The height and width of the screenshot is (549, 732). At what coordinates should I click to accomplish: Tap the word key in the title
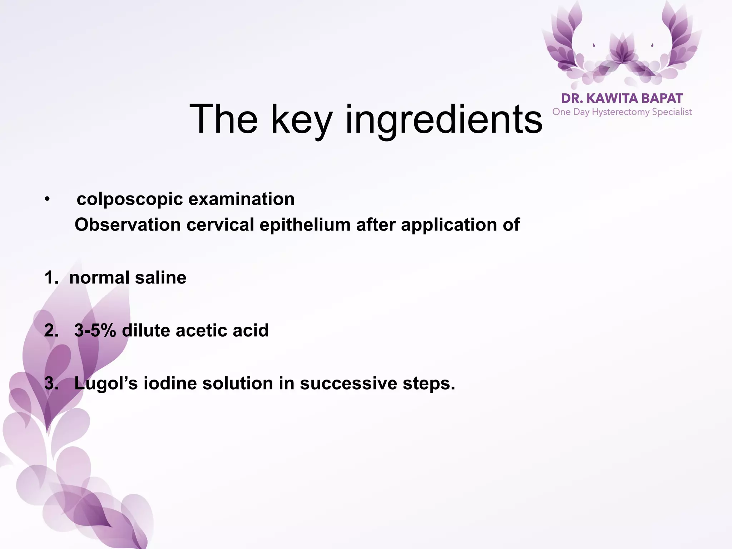(x=302, y=120)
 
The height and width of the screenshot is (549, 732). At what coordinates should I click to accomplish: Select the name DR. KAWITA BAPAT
(x=622, y=98)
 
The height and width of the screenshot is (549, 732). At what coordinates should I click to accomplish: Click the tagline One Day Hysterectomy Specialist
(x=622, y=112)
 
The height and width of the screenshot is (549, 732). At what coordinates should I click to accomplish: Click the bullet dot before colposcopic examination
(x=47, y=199)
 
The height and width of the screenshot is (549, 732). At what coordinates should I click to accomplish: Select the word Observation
(x=128, y=225)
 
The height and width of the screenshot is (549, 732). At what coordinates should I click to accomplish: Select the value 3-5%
(x=95, y=330)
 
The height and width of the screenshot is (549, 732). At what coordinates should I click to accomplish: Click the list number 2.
(x=51, y=330)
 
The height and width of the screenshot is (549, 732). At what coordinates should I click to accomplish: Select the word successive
(x=348, y=383)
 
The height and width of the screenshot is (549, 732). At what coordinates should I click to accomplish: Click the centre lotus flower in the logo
(x=622, y=50)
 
